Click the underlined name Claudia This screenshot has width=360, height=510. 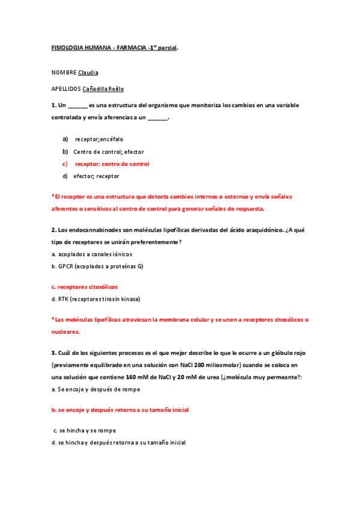(88, 73)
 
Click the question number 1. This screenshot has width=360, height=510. (53, 105)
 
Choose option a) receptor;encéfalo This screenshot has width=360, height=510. (99, 139)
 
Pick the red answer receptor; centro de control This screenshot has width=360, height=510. (112, 164)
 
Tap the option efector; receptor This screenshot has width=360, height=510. (96, 176)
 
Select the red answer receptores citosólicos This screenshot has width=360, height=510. (87, 287)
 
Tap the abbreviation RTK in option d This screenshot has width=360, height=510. (63, 299)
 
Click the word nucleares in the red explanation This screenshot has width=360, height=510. (66, 331)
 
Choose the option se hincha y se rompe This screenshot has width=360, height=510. (88, 431)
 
